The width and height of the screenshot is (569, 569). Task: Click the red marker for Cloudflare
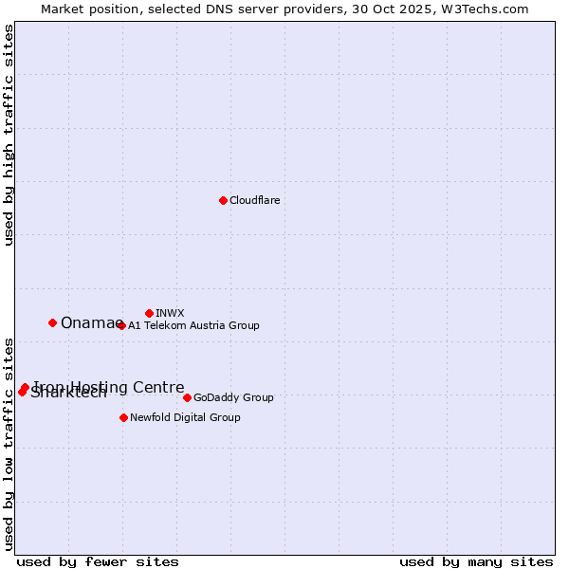(x=223, y=200)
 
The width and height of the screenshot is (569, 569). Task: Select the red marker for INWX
(x=149, y=313)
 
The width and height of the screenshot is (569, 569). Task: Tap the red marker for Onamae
(x=52, y=322)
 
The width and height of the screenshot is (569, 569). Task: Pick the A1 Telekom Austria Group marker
(x=121, y=325)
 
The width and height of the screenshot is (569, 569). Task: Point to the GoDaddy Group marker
(x=187, y=397)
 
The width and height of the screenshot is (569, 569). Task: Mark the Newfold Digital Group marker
(x=123, y=417)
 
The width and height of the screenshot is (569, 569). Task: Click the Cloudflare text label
(x=254, y=200)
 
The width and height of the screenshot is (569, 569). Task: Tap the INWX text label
(x=170, y=313)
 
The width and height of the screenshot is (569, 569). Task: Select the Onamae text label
(x=91, y=322)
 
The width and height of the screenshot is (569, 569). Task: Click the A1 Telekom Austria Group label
(x=193, y=325)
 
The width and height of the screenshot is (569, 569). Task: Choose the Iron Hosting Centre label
(x=109, y=387)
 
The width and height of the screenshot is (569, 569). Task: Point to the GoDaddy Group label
(x=233, y=397)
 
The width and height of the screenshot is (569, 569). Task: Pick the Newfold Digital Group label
(x=185, y=417)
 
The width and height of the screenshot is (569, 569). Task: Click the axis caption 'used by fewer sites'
(x=98, y=562)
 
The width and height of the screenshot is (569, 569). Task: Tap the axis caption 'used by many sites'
(x=476, y=562)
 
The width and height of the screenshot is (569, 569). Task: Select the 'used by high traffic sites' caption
(x=9, y=135)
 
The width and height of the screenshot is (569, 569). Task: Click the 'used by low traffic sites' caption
(x=9, y=443)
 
